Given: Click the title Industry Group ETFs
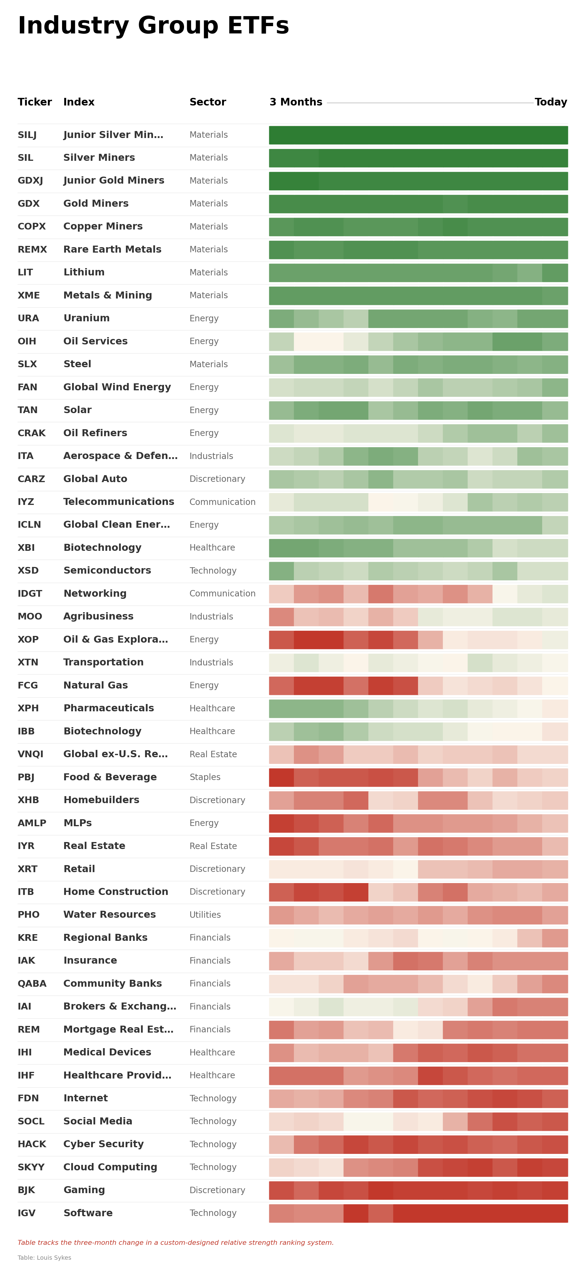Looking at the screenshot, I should click(x=153, y=26).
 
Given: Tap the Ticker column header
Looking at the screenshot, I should click(x=34, y=102).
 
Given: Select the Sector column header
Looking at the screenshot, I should click(x=207, y=102).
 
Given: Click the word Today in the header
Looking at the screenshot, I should click(x=551, y=102).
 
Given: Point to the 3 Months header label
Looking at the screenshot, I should click(x=295, y=102).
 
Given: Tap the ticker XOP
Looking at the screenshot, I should click(x=28, y=639).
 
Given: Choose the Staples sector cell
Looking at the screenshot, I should click(x=205, y=777).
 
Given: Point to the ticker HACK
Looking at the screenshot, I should click(x=32, y=1144).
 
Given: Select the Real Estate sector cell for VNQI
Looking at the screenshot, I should click(x=213, y=754).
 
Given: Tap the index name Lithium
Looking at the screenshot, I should click(x=84, y=272).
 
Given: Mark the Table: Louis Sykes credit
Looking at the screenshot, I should click(x=44, y=1258).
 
